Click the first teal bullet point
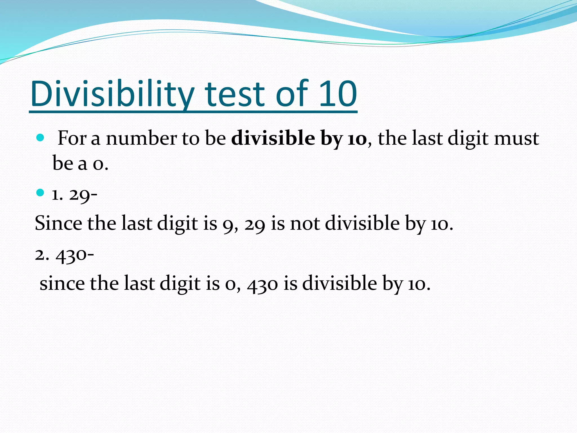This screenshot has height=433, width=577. [40, 138]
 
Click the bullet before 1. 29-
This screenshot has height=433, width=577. [40, 193]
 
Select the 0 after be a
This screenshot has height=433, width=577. [99, 164]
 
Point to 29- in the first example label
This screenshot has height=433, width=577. [83, 195]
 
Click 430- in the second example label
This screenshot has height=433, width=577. [75, 255]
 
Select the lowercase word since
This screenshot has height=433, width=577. [62, 284]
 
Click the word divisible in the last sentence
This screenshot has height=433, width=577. [339, 283]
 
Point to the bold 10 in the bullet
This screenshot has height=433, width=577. [357, 139]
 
